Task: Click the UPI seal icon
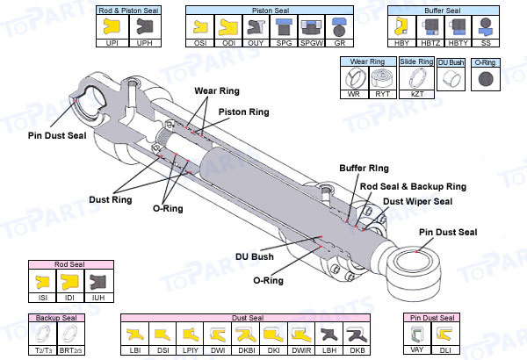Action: pos(111,26)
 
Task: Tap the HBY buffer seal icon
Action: pos(401,26)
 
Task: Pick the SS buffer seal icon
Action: pos(483,26)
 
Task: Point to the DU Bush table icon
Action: pos(451,78)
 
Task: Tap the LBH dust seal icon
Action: pos(328,335)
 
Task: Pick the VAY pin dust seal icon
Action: pos(418,335)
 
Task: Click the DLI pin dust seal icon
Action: pos(446,335)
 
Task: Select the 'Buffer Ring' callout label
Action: pos(363,167)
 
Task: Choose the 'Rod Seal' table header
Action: pos(69,264)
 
